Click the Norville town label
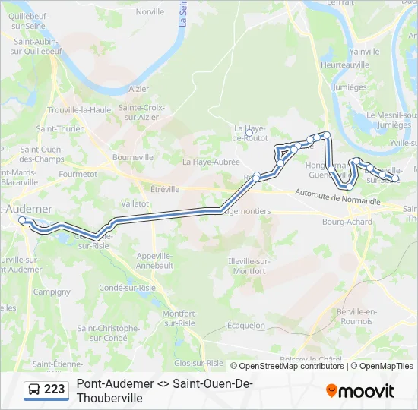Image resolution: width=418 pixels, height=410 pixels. point(150,11)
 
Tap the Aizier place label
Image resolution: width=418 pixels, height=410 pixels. point(139,89)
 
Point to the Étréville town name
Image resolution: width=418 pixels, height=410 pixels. point(165,189)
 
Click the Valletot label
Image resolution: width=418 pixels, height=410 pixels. point(135,203)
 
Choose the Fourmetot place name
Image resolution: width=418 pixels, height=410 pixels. point(78,174)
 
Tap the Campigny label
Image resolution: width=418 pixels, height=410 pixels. point(52,291)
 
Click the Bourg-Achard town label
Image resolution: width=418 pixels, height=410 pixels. point(347,222)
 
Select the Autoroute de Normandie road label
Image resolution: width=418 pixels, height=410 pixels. point(337,198)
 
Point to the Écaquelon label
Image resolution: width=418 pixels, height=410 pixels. point(246,325)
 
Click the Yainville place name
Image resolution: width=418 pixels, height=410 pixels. point(364,51)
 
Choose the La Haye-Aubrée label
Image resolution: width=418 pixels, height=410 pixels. point(211,162)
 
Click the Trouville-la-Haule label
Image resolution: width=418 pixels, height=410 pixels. point(79,109)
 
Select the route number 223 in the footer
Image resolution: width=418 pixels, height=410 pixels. point(54,389)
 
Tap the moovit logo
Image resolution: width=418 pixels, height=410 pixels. point(360,391)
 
